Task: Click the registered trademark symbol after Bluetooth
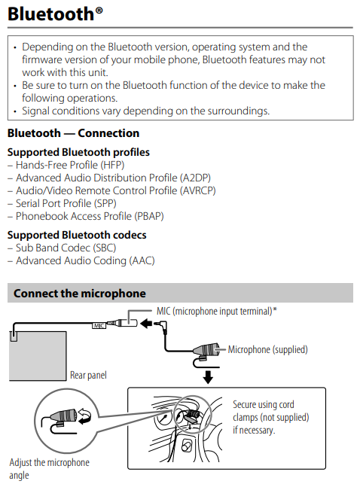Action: (x=99, y=11)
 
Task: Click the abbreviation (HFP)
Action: (x=112, y=165)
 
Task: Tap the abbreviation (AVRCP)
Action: (x=197, y=190)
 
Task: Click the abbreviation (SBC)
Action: (x=105, y=248)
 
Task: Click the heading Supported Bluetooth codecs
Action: (x=77, y=235)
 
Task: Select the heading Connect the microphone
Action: (x=80, y=294)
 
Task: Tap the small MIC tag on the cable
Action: (x=99, y=326)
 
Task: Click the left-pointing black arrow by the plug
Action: (x=146, y=324)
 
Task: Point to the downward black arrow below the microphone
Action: (x=208, y=377)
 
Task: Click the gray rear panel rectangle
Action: (x=38, y=356)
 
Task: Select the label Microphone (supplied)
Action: (x=267, y=350)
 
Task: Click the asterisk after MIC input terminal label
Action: (x=275, y=309)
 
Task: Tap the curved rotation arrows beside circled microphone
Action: (x=84, y=416)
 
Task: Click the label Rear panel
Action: (x=88, y=376)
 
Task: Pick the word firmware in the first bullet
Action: (x=41, y=59)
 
